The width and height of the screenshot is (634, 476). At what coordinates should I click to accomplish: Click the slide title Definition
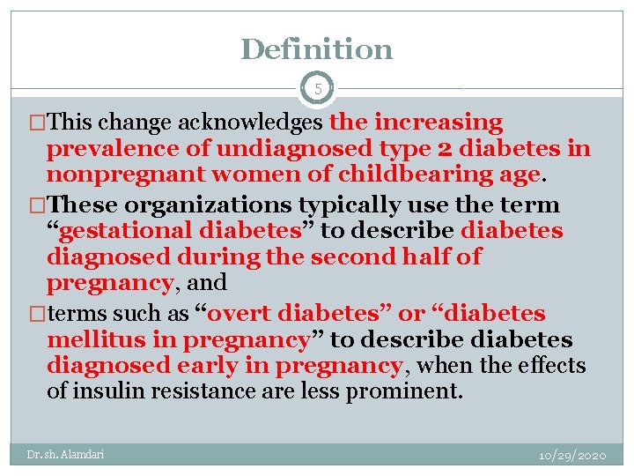click(316, 49)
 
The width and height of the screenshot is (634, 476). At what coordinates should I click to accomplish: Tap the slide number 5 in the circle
click(317, 89)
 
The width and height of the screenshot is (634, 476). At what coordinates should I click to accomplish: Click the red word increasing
click(439, 123)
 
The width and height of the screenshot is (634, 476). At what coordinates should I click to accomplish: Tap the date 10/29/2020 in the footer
click(572, 455)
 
